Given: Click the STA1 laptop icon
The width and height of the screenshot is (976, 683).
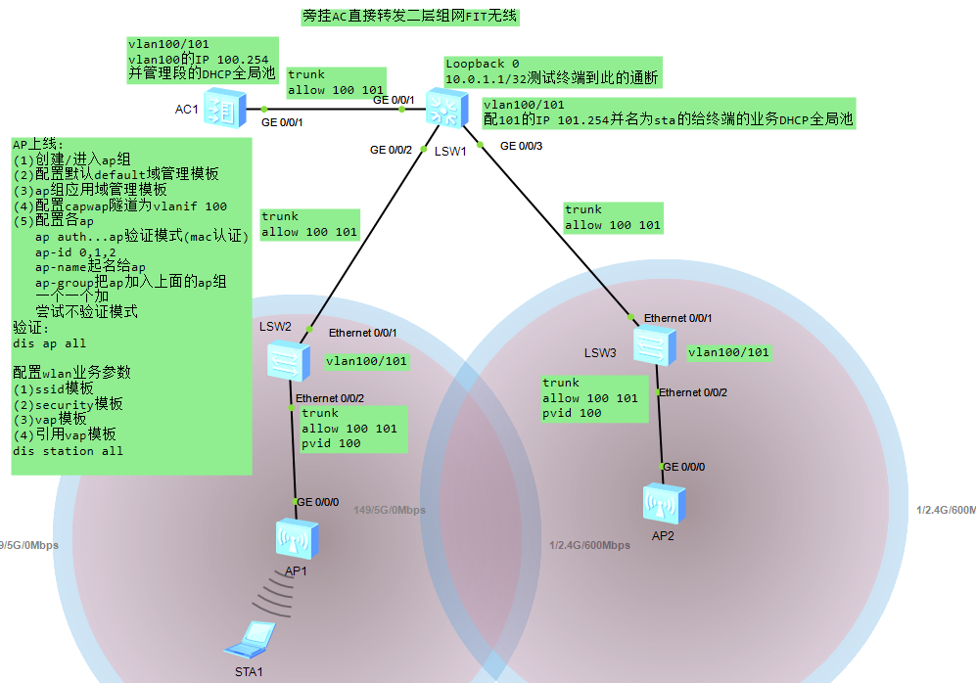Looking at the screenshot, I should click(247, 641).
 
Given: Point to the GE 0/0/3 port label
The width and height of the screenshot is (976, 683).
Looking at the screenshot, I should click(521, 147).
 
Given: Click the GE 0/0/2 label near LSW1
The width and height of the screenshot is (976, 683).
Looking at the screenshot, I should click(391, 150).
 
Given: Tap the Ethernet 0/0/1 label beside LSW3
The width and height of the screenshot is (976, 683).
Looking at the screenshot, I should click(677, 318).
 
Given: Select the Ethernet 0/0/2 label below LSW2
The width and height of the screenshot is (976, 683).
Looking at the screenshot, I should click(330, 398).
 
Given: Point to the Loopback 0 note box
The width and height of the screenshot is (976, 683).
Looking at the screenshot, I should click(552, 71).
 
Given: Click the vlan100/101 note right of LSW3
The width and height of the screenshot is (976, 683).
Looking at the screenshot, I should click(728, 352).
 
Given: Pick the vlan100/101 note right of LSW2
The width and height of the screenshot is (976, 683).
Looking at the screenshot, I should click(367, 362).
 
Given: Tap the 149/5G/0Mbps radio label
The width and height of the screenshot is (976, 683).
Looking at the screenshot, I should click(390, 510).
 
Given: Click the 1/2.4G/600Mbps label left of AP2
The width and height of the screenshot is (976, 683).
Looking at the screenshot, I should click(589, 545).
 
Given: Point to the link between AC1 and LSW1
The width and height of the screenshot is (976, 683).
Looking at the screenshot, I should click(333, 109).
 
